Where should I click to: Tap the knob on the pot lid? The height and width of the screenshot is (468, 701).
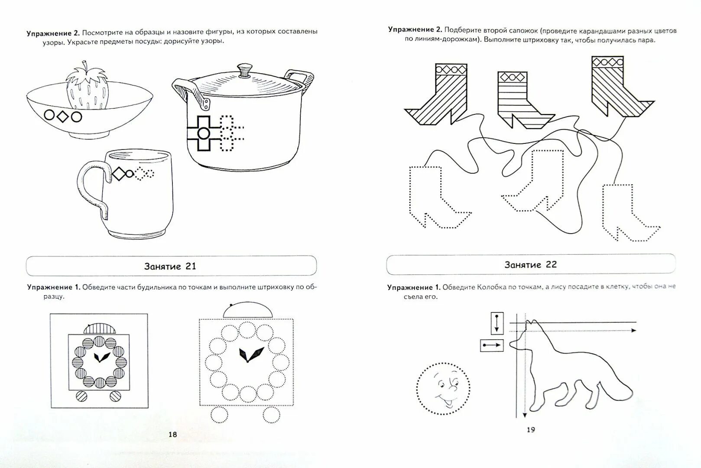pyautogui.click(x=245, y=70)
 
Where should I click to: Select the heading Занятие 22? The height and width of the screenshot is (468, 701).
pyautogui.click(x=530, y=264)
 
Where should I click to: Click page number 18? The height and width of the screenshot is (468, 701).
pyautogui.click(x=172, y=434)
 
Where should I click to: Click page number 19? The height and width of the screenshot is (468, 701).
pyautogui.click(x=531, y=429)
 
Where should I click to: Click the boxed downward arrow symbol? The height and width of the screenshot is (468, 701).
pyautogui.click(x=497, y=323)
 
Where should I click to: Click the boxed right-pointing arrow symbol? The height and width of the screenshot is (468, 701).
pyautogui.click(x=492, y=345)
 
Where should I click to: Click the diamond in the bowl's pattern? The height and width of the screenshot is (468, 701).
pyautogui.click(x=63, y=116)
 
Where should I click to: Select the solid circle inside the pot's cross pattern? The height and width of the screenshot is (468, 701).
pyautogui.click(x=203, y=133)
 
